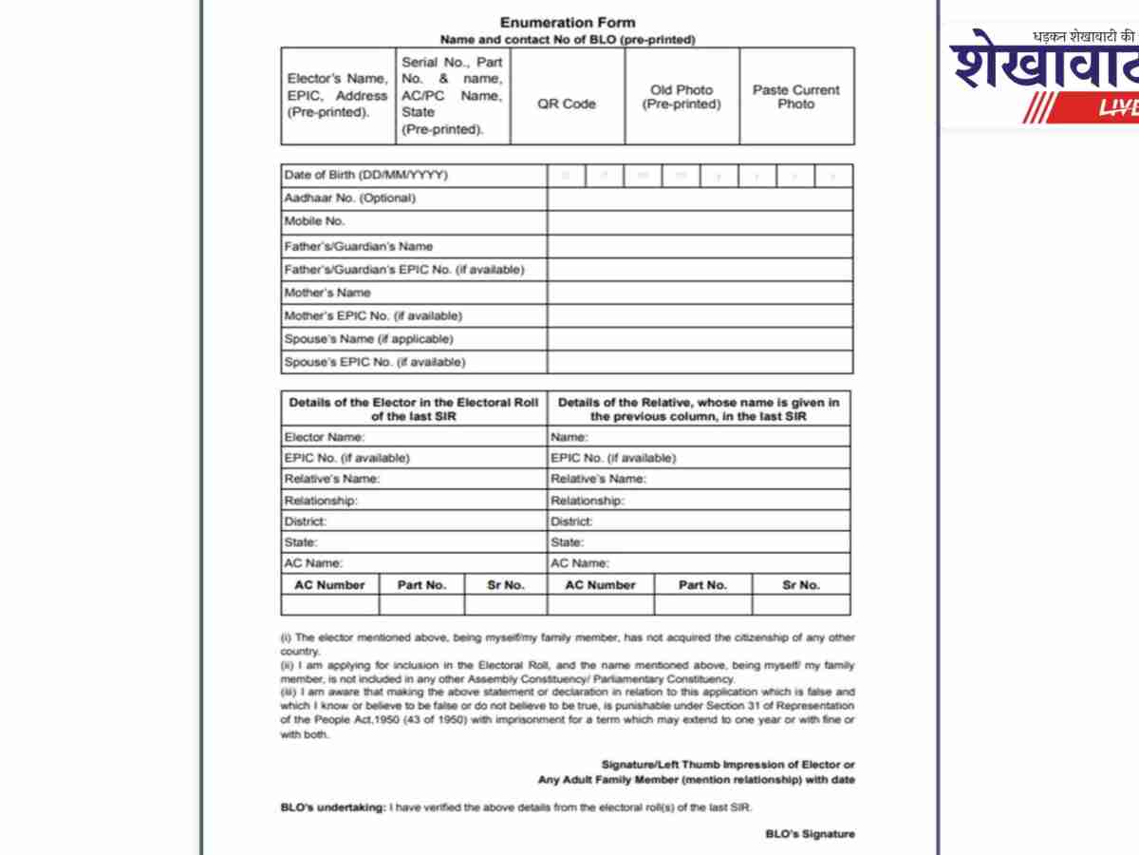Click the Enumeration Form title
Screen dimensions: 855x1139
pyautogui.click(x=568, y=22)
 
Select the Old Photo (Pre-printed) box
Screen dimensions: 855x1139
pyautogui.click(x=682, y=97)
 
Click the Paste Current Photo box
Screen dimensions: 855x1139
pyautogui.click(x=795, y=97)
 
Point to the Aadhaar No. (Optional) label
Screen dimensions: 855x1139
pyautogui.click(x=350, y=199)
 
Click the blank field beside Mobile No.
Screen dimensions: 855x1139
pyautogui.click(x=700, y=222)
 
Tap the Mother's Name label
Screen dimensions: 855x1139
pyautogui.click(x=327, y=293)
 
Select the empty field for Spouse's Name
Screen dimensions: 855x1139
pyautogui.click(x=700, y=339)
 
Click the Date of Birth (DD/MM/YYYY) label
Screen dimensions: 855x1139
pyautogui.click(x=365, y=175)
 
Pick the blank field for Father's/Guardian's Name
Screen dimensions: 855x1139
pyautogui.click(x=700, y=246)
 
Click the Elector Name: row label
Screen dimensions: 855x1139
pyautogui.click(x=325, y=437)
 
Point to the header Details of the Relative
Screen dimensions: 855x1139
pyautogui.click(x=699, y=409)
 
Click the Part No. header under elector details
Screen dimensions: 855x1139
pyautogui.click(x=421, y=585)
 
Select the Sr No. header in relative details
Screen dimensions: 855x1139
pyautogui.click(x=801, y=585)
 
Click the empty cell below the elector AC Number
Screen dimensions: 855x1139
pyautogui.click(x=329, y=604)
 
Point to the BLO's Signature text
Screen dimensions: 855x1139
pyautogui.click(x=810, y=834)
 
